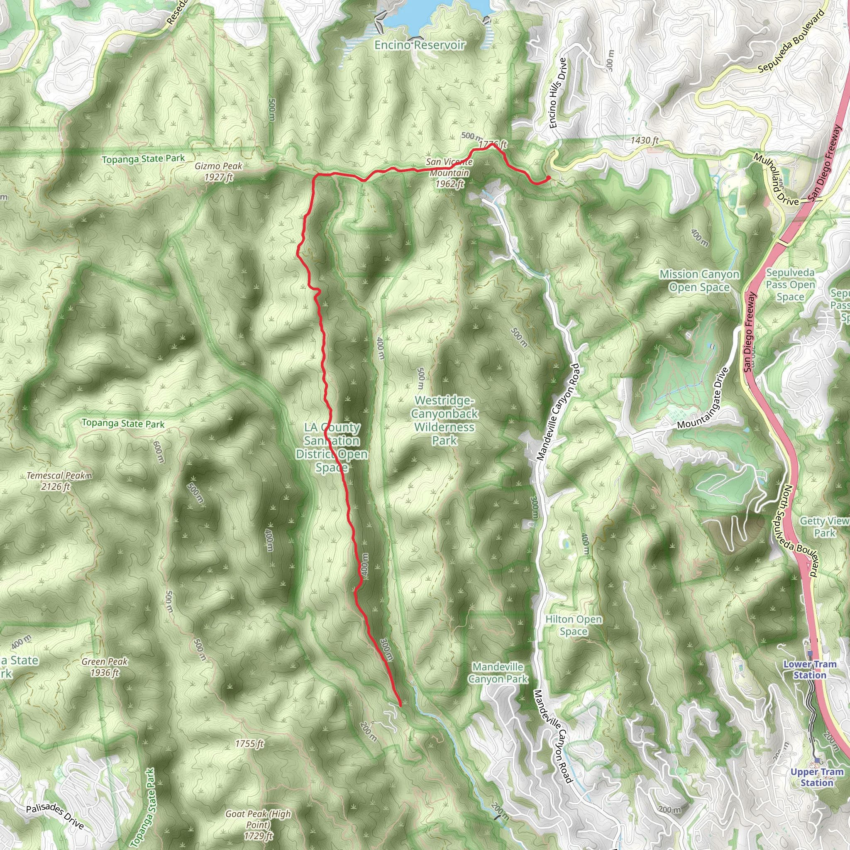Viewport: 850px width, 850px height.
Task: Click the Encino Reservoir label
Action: tap(419, 45)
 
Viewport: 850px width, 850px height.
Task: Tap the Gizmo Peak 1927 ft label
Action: tap(219, 171)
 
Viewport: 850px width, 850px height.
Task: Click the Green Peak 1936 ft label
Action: tap(104, 667)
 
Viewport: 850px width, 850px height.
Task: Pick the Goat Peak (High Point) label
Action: tap(258, 819)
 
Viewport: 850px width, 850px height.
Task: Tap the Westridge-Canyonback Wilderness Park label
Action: tap(444, 420)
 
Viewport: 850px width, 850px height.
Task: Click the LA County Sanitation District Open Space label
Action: tap(332, 447)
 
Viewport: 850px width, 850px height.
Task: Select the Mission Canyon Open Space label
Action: tap(699, 281)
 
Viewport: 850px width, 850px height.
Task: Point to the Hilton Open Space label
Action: tap(573, 625)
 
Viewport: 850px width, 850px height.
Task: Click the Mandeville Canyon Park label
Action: tap(498, 673)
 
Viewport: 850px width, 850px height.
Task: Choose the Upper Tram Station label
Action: tap(816, 777)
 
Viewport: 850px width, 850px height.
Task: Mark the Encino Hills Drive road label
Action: tap(557, 93)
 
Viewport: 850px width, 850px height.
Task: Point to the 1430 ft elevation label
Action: tap(644, 140)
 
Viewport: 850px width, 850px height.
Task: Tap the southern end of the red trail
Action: tap(400, 706)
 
